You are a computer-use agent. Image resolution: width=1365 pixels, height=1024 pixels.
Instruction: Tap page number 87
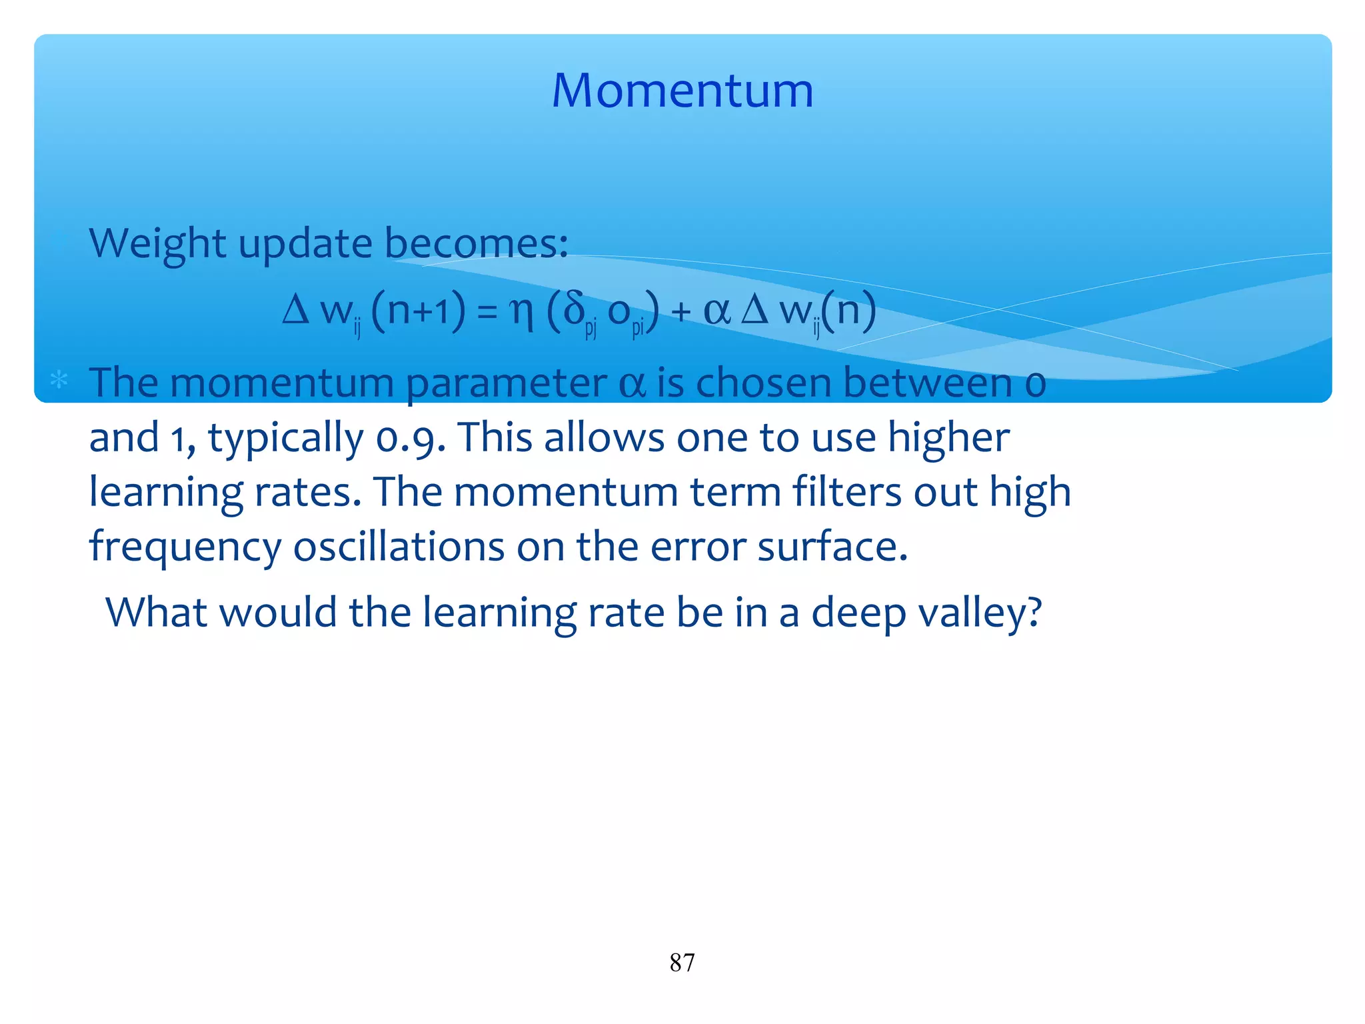[682, 963]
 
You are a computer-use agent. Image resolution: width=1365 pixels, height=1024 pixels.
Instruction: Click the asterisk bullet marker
[59, 380]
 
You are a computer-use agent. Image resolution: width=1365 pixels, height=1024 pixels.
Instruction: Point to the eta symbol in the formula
[521, 311]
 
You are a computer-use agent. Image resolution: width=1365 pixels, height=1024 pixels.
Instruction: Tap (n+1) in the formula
[418, 311]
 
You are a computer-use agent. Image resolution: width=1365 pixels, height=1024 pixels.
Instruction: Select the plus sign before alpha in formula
[681, 313]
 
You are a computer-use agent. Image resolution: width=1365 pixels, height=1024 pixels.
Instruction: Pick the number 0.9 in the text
[410, 439]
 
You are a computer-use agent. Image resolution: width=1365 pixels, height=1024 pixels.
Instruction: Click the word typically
[286, 439]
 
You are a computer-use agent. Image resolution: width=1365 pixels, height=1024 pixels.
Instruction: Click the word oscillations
[399, 547]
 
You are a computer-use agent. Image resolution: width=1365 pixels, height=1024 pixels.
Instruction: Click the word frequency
[185, 547]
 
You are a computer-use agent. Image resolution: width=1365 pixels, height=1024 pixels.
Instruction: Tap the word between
[928, 383]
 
